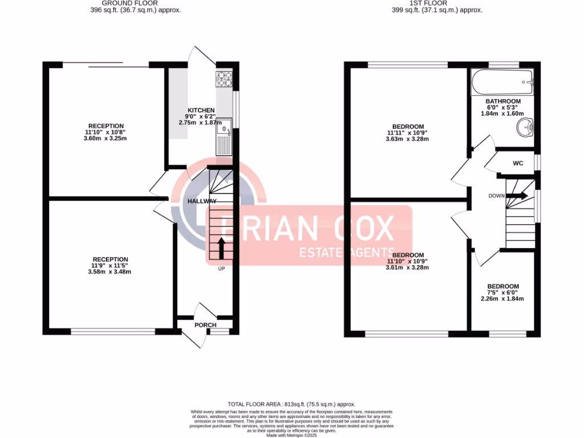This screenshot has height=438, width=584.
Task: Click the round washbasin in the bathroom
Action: [x=525, y=129]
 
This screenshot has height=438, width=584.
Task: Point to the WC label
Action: [x=518, y=164]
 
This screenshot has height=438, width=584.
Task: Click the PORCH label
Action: [x=205, y=326]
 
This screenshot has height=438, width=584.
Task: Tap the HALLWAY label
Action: [x=202, y=201]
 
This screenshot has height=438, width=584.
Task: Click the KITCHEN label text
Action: [x=201, y=111]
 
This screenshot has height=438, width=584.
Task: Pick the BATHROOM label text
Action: [x=503, y=102]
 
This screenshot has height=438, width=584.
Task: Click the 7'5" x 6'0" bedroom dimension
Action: [x=503, y=293]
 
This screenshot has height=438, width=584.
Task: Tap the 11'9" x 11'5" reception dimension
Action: [x=111, y=266]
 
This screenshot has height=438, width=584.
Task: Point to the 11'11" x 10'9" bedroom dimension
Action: [x=408, y=133]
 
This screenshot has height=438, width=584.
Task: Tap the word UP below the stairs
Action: [x=221, y=269]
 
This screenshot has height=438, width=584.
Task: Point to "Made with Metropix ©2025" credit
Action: [x=291, y=435]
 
